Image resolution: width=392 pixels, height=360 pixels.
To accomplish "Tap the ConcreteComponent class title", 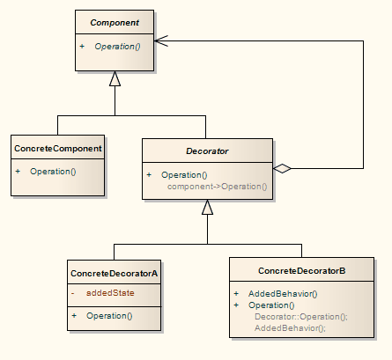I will point(58,148).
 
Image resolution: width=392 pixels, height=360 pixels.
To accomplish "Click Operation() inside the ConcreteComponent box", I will point(53,170).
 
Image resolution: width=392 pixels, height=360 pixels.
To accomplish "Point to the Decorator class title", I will point(207,151).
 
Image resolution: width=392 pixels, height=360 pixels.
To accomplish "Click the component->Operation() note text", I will point(217,187).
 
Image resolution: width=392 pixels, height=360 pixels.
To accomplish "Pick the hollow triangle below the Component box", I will point(115,79).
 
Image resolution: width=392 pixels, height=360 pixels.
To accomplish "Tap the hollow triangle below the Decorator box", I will point(207,208).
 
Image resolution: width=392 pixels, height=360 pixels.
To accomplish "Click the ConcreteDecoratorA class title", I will point(114,273).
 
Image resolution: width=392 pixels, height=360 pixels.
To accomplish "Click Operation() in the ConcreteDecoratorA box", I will point(109,315).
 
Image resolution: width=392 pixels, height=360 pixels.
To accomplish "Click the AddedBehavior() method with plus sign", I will point(282,294).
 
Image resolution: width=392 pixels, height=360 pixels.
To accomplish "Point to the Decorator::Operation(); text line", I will point(301,316).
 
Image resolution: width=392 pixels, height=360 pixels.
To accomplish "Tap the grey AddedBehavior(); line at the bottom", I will point(290,327).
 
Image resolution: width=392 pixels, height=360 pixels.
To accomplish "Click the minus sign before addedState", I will point(74,292).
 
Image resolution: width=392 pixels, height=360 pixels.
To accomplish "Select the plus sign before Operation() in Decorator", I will point(150,175).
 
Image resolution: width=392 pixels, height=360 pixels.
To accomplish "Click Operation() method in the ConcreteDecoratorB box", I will point(271,305).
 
